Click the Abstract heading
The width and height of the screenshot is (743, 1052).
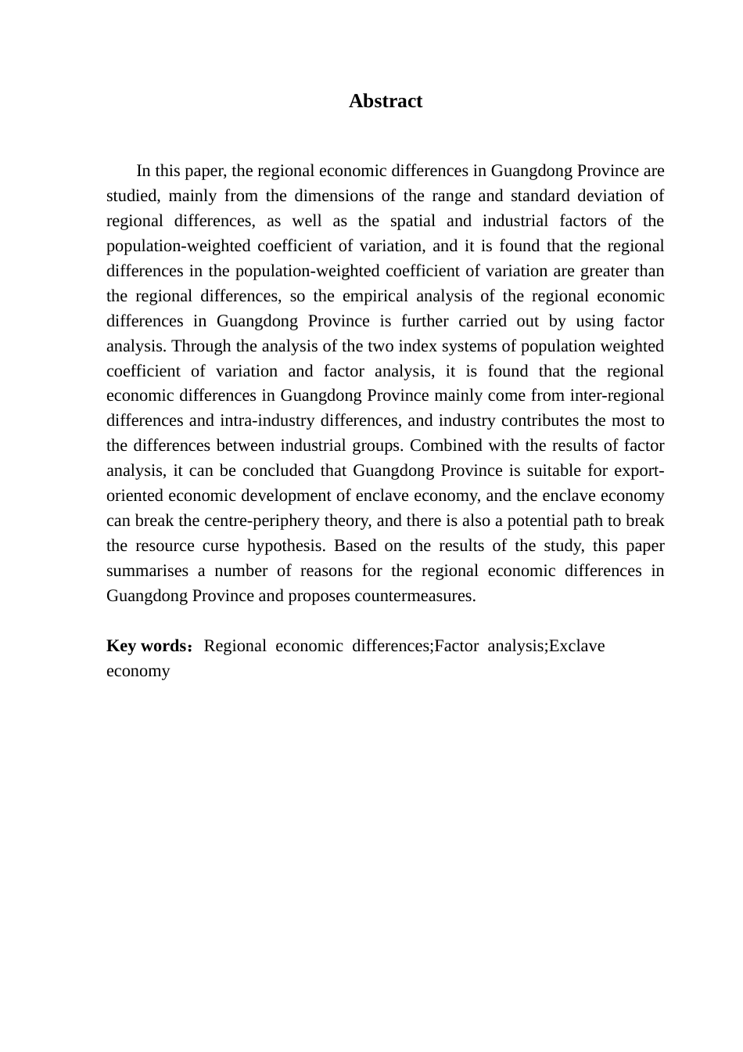[x=386, y=101]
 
